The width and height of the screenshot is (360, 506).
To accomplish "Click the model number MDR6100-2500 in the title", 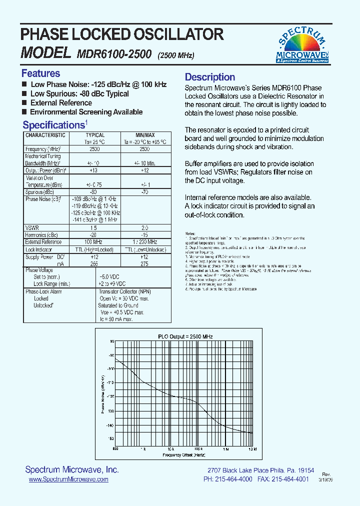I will pos(114,54).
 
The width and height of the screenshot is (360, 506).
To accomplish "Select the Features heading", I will pos(40,73).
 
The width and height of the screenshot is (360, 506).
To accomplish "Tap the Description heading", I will pos(210,77).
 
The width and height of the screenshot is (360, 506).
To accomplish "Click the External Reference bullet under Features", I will pos(61,103).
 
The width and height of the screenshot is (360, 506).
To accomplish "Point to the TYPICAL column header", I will pos(95,135).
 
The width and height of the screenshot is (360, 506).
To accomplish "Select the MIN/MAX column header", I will pos(145,135).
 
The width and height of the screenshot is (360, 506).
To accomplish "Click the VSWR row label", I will pos(32,227).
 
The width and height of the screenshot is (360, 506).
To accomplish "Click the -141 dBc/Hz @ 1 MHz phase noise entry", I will pos(95,219).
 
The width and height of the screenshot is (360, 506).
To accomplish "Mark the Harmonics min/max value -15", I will pos(145,234).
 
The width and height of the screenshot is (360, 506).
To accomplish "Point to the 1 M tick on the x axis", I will pos(226,449).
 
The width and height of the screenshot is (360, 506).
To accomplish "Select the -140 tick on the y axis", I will pos(109,425).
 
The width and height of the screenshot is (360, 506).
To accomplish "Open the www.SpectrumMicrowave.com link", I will pos(68,479).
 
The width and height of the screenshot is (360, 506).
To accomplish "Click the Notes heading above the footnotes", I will pos(190,234).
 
